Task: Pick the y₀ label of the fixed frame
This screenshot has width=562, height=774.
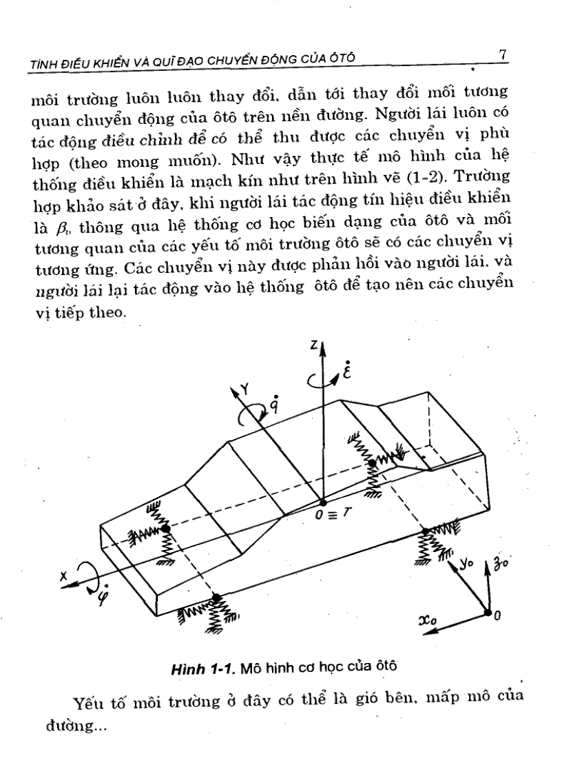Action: click(x=468, y=564)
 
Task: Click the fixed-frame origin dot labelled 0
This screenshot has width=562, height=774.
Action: click(x=487, y=613)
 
